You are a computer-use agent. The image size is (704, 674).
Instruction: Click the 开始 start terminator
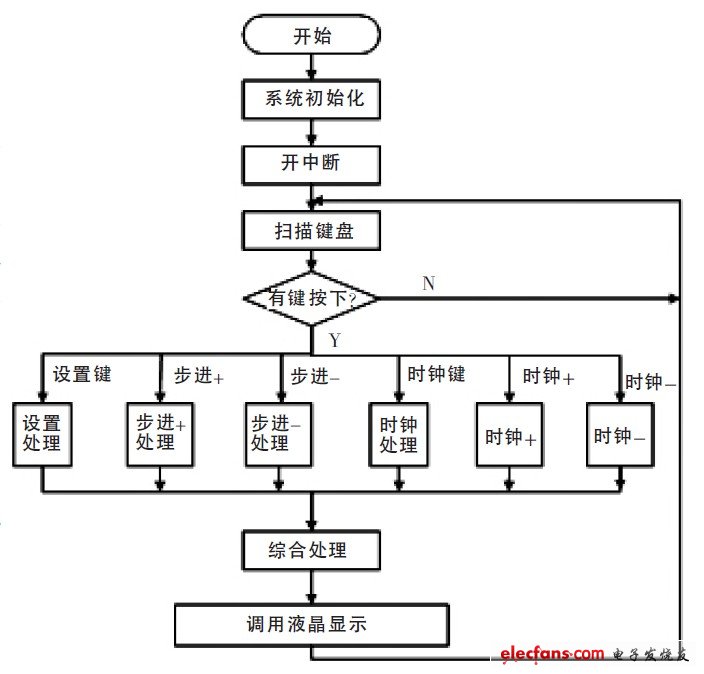tap(311, 36)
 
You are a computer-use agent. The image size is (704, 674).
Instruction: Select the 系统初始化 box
tap(311, 99)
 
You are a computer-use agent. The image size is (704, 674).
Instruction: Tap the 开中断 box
tap(311, 163)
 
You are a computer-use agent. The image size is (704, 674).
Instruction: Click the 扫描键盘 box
tap(311, 231)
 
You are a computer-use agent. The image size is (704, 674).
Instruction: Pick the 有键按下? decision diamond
tap(311, 298)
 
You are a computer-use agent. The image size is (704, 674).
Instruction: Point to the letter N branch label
tap(428, 284)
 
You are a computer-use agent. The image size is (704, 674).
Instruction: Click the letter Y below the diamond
tap(335, 341)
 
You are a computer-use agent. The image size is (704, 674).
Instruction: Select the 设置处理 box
tap(42, 433)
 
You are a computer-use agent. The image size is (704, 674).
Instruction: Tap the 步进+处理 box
tap(161, 433)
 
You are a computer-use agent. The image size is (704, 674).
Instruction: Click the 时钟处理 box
tap(398, 433)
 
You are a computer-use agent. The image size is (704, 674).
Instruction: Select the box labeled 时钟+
tap(510, 436)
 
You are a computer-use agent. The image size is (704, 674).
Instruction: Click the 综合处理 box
tap(311, 550)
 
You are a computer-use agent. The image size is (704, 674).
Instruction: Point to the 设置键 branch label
tap(82, 375)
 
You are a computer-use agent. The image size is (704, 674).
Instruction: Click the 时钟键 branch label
tap(436, 374)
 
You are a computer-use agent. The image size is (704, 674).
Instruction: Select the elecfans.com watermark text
tap(553, 653)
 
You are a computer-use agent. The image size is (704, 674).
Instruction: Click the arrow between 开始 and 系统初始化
tap(311, 68)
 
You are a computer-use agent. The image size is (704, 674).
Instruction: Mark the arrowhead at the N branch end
tap(673, 298)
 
